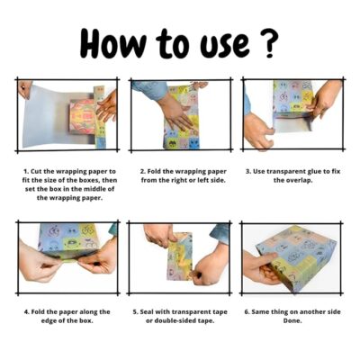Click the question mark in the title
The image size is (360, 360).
tap(268, 42)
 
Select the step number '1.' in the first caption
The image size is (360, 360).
tap(26, 172)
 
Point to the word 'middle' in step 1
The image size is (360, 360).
tap(94, 189)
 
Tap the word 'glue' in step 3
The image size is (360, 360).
tap(315, 172)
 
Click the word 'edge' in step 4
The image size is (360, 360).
tap(49, 321)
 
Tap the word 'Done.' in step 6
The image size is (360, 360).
tap(292, 320)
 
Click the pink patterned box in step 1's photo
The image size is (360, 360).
tap(83, 116)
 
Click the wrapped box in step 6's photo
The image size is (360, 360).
tap(296, 256)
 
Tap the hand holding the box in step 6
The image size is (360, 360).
tap(261, 268)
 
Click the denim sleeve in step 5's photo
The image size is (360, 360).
tap(220, 234)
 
